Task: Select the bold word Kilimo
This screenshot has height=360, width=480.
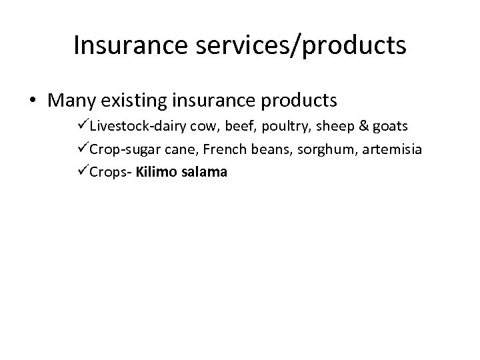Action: (157, 172)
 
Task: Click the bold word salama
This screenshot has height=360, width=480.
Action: (205, 172)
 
